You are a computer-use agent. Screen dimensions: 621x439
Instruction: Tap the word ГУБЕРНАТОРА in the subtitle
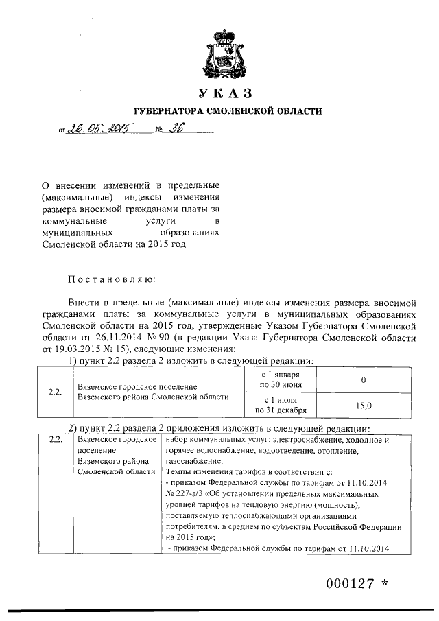[168, 111]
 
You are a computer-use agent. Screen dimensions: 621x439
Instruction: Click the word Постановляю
[111, 279]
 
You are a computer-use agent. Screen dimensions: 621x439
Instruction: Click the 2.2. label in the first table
[56, 393]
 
